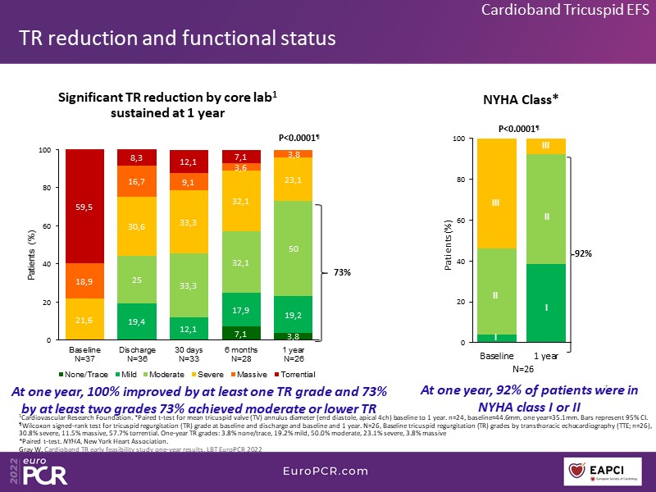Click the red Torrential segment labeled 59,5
85,207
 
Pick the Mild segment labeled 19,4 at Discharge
137,321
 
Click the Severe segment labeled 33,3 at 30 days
189,221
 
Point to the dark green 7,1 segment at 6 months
240,333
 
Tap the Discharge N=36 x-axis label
137,353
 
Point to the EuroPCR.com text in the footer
326,470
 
